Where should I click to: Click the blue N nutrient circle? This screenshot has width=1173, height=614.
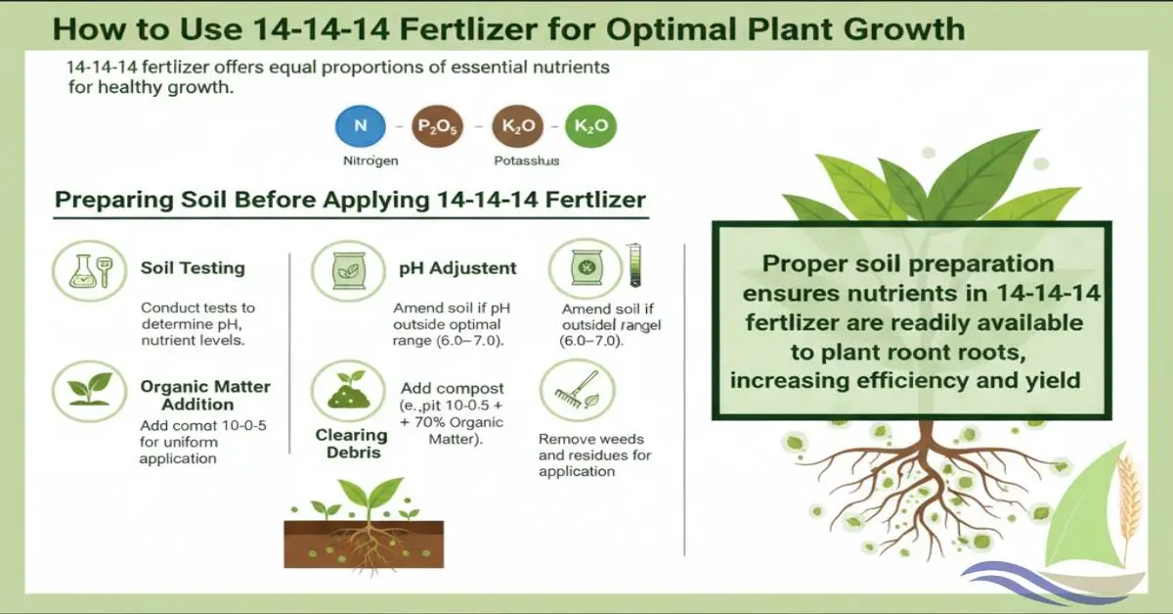[361, 126]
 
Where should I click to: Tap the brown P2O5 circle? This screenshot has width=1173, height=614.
[437, 126]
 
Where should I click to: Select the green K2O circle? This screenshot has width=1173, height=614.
[590, 126]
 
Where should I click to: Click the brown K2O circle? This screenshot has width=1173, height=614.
[518, 126]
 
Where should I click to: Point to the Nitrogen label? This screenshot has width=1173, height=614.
[370, 161]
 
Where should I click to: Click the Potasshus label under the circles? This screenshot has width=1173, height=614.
[527, 161]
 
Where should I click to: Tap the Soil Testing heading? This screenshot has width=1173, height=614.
[193, 268]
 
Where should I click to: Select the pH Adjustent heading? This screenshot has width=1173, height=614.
[457, 268]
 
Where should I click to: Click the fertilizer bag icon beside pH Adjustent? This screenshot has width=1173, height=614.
[348, 271]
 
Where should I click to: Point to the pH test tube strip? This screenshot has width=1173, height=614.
[634, 265]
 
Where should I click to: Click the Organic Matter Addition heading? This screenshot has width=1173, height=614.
[205, 395]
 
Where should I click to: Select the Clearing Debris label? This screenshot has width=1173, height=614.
[352, 443]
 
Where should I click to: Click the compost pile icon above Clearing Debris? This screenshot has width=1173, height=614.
[348, 390]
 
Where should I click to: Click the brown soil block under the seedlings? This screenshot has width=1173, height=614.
[364, 544]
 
